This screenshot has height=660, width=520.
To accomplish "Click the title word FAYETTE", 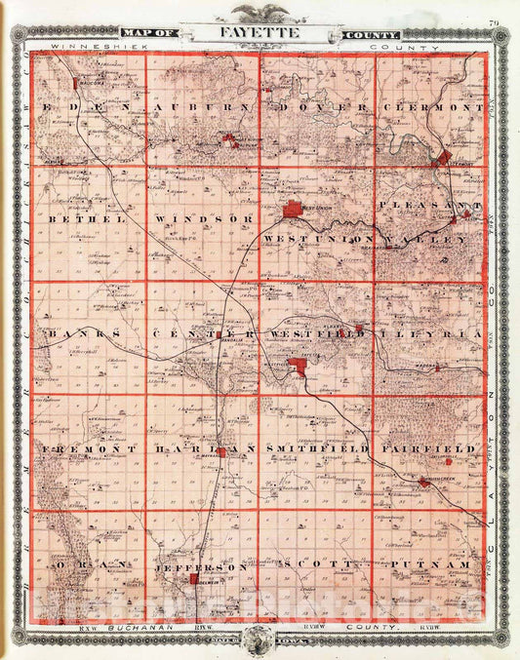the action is click(260, 33).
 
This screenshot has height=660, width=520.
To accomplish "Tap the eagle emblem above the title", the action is click(260, 12).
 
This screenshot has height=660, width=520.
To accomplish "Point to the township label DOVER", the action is click(320, 106).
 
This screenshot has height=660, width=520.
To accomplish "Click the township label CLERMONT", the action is click(433, 106).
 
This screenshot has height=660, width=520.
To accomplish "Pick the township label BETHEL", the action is click(83, 220).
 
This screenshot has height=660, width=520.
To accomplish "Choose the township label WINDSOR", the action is click(204, 220).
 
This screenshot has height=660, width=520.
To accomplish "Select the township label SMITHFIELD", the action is click(316, 448).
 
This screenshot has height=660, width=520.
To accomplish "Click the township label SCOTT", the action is click(315, 565).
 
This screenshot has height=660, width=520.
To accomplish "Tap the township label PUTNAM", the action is click(430, 565).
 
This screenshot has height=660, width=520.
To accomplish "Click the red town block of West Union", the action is click(294, 210).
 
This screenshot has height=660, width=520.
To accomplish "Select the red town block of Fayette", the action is click(302, 367).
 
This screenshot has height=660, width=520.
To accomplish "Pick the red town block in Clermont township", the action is click(445, 157).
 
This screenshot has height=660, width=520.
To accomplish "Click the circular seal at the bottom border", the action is click(260, 640).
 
